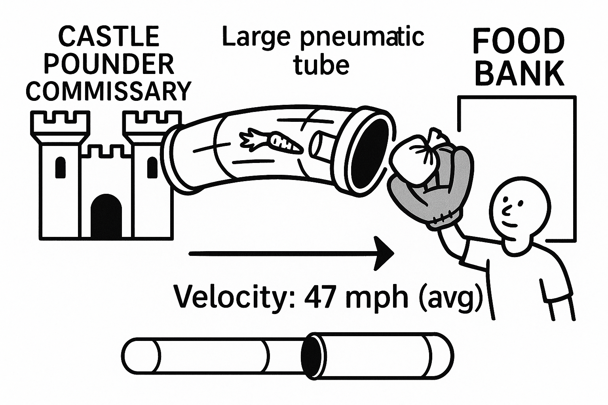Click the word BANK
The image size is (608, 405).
(x=519, y=74)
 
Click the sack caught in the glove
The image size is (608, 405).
(x=420, y=154)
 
